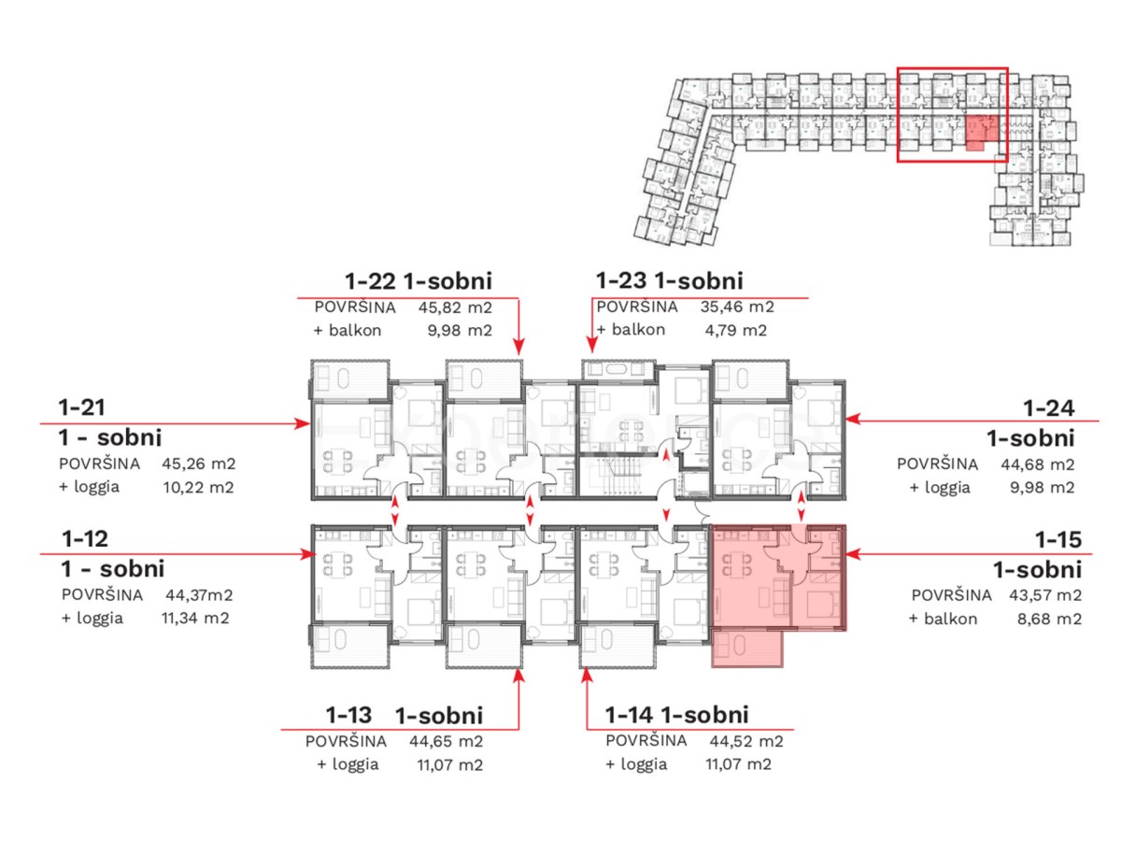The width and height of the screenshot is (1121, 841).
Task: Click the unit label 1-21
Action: click(81, 407)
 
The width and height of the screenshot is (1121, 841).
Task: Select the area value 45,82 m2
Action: click(455, 307)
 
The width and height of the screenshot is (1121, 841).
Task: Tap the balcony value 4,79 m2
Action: click(735, 331)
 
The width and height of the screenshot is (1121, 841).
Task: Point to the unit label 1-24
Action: click(1049, 408)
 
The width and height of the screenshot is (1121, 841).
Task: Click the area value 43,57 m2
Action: click(1045, 595)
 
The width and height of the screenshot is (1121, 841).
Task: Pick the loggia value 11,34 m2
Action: click(195, 619)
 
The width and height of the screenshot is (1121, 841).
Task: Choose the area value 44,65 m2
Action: click(446, 741)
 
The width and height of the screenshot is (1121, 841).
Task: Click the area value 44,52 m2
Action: click(745, 741)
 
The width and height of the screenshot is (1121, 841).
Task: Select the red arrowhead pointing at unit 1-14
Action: click(587, 676)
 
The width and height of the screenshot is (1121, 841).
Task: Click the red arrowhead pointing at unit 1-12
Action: click(307, 554)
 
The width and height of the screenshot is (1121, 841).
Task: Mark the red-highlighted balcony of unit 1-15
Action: click(746, 648)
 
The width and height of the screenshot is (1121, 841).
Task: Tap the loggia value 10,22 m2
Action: click(198, 487)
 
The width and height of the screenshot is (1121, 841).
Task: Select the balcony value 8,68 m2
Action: click(1049, 619)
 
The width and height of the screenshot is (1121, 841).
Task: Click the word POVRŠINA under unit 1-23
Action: click(637, 306)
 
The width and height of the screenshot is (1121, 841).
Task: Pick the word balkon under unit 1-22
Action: click(355, 331)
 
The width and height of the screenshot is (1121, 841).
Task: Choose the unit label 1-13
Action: click(348, 715)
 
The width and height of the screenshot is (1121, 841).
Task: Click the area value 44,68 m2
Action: click(1037, 464)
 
